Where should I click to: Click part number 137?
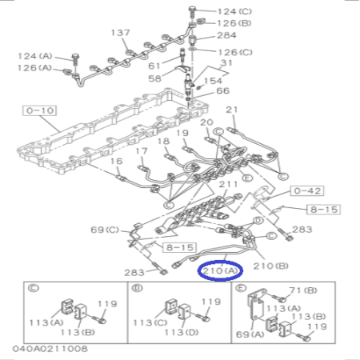pos(120,33)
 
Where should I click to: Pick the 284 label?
pos(227,35)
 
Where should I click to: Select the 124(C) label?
pos(234,11)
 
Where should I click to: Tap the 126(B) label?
pos(234,23)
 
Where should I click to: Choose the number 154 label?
pos(213,81)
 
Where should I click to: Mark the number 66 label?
pos(222,93)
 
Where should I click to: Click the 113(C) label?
pos(148,322)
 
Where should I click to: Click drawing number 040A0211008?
pos(50,350)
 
